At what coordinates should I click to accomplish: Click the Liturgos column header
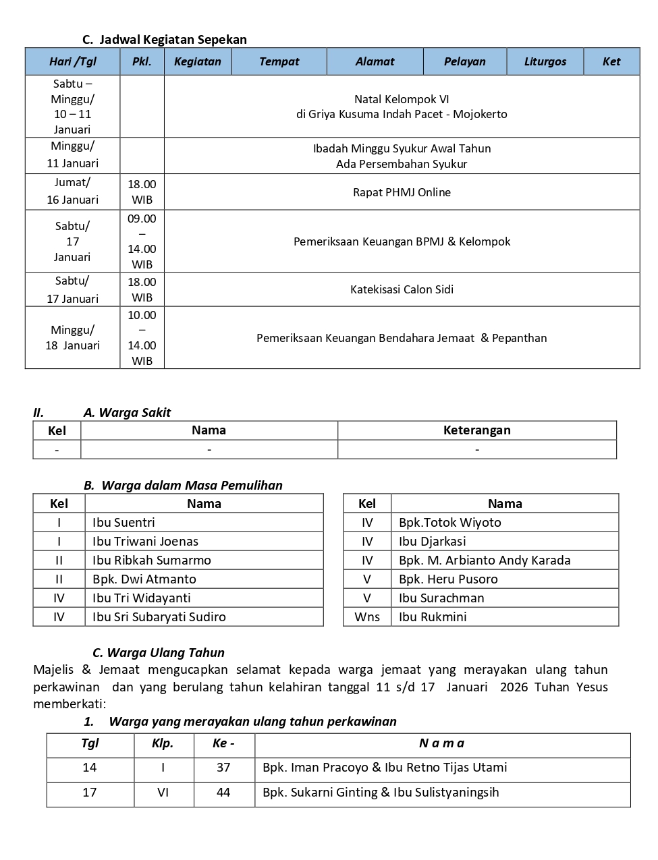click(545, 61)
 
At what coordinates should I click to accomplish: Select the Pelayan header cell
click(464, 61)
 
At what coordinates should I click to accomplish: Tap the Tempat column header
click(279, 61)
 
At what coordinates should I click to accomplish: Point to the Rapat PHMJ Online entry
click(402, 192)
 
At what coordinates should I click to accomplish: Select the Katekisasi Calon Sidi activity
click(402, 289)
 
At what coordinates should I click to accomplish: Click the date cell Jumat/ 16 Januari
click(72, 191)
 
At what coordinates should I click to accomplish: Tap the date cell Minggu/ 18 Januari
click(72, 337)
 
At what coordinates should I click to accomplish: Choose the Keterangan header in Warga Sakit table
click(476, 430)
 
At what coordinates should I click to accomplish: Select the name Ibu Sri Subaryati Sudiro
click(159, 617)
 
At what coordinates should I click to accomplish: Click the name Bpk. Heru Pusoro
click(448, 579)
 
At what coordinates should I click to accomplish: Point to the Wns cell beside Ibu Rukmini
click(367, 617)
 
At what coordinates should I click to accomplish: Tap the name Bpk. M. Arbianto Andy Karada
click(485, 560)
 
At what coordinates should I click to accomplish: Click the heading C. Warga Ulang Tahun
click(159, 652)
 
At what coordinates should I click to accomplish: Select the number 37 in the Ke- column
click(223, 768)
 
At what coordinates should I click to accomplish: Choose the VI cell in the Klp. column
click(163, 793)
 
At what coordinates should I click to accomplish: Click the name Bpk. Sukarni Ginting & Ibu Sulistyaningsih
click(381, 793)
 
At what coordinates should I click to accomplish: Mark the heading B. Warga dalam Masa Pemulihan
click(183, 485)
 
